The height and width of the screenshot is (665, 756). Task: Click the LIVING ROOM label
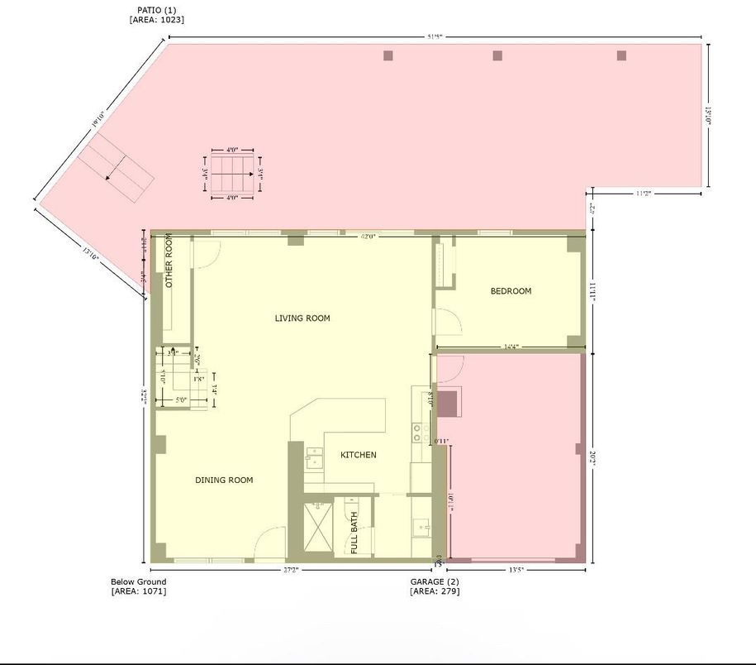[302, 318]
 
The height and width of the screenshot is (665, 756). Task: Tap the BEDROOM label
[511, 291]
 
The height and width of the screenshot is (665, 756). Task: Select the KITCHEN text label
[358, 455]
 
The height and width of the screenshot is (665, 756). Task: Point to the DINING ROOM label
[224, 481]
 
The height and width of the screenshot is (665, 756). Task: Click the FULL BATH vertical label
[354, 533]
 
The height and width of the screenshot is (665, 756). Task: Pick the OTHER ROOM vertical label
[169, 261]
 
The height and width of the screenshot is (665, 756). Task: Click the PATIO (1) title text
[156, 10]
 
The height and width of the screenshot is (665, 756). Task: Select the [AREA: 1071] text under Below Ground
[139, 591]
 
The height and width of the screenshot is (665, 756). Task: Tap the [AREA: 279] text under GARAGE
[435, 591]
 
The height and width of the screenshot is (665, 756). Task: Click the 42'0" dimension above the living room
[368, 237]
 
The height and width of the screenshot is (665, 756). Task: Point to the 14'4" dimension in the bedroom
[511, 347]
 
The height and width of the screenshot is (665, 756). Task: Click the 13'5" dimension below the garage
[516, 570]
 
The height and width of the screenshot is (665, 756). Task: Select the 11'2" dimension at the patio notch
[644, 194]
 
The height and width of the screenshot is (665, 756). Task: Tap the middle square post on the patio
[497, 55]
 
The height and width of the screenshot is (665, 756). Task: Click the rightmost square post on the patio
[621, 55]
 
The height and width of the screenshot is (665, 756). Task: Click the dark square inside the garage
[446, 404]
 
